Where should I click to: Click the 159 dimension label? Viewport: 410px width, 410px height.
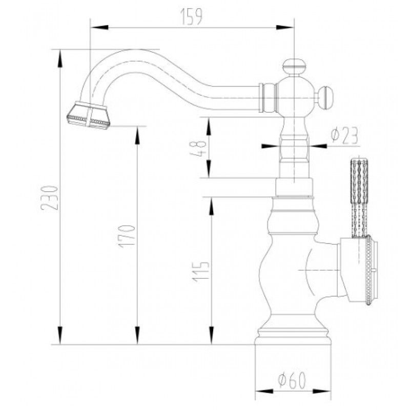191,17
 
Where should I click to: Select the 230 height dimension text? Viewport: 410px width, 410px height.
49,198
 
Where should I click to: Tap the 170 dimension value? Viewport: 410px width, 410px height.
127,236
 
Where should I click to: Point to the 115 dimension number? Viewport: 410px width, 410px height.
201,272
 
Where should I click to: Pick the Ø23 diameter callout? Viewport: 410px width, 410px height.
344,136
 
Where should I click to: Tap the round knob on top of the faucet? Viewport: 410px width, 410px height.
294,67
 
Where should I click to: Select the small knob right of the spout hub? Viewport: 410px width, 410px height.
326,95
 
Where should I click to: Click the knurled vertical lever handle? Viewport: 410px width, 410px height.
359,198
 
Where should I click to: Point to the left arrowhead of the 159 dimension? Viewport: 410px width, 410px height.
99,28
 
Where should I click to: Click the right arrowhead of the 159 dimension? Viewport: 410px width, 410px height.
285,28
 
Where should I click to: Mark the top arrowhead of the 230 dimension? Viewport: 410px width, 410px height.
60,58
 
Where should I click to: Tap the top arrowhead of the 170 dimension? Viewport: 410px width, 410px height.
137,135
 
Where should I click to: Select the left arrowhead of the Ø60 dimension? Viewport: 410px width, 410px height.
264,392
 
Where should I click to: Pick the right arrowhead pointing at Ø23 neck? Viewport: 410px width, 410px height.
318,146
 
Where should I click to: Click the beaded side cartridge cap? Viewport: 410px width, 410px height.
359,271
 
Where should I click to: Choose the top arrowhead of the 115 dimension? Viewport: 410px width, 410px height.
212,206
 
